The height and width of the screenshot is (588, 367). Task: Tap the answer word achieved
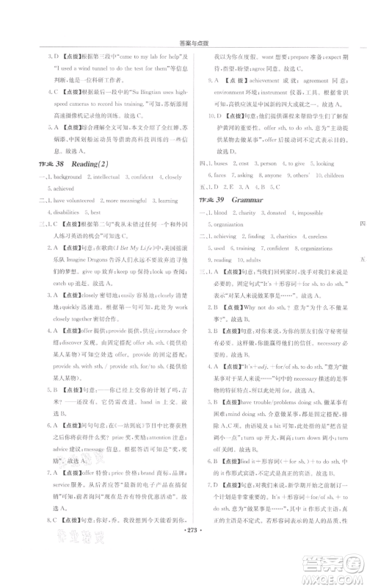click(50, 188)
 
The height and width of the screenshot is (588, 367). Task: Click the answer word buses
click(217, 163)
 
